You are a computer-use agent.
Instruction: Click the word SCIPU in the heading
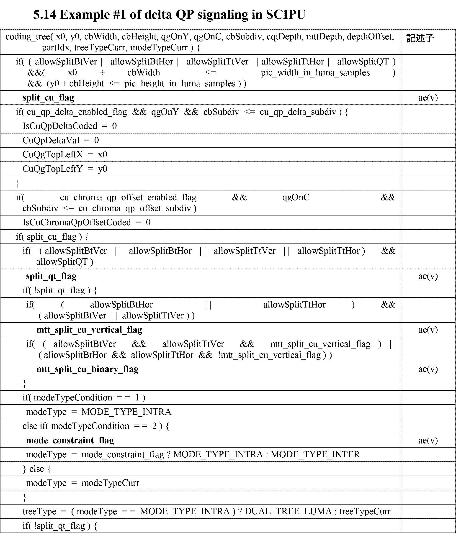(285, 15)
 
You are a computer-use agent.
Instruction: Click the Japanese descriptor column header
(420, 38)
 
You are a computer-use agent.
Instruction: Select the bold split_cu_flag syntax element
(48, 98)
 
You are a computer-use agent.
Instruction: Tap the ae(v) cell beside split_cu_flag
(428, 98)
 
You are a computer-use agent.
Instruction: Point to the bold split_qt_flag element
(51, 276)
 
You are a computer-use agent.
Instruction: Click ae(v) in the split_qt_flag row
(428, 276)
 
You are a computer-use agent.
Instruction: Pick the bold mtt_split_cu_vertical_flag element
(89, 330)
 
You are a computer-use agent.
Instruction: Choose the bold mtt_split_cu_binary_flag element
(87, 369)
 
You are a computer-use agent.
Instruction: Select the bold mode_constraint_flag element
(70, 440)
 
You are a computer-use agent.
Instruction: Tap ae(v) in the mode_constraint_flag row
(428, 440)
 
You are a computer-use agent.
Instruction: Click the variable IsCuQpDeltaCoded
(60, 126)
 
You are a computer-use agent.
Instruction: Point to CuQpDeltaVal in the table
(51, 141)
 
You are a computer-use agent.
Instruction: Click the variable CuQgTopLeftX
(53, 155)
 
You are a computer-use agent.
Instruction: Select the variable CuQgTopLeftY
(53, 169)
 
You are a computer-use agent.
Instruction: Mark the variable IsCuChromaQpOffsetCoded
(77, 222)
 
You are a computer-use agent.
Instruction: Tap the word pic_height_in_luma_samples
(180, 84)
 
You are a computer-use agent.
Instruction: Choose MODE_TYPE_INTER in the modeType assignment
(315, 455)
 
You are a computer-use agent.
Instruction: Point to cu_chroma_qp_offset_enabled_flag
(128, 197)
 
